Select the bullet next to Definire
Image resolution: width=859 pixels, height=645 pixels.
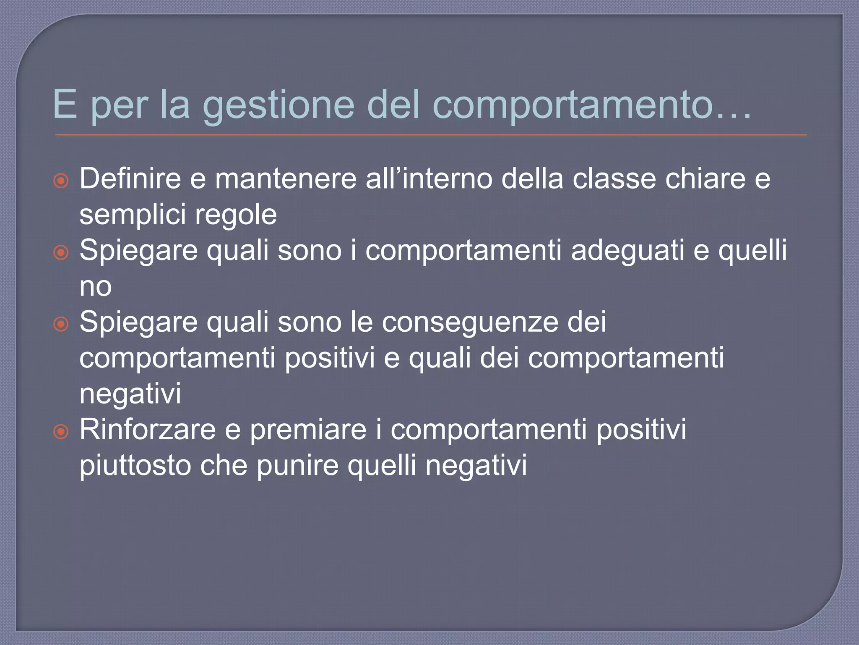click(61, 181)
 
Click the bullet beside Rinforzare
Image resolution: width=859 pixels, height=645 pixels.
click(61, 431)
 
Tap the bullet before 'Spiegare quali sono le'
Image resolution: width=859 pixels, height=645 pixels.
click(61, 324)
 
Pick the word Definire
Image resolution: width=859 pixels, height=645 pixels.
click(130, 178)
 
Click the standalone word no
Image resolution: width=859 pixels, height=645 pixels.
click(96, 287)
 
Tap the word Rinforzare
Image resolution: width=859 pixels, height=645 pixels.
click(147, 430)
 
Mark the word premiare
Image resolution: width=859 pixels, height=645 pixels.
click(308, 430)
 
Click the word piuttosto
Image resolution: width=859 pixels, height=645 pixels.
click(135, 466)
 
